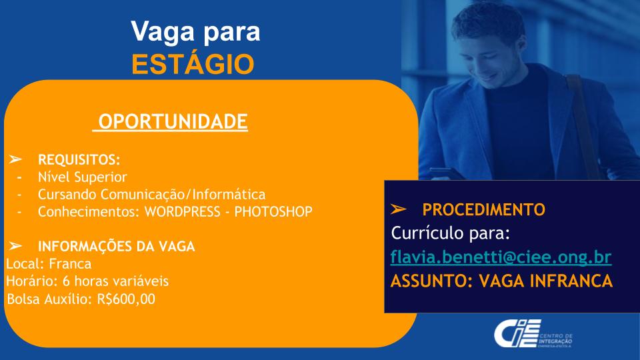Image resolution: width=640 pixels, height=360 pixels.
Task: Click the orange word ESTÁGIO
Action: pyautogui.click(x=193, y=64)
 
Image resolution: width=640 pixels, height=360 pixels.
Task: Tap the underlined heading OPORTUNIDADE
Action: pyautogui.click(x=173, y=121)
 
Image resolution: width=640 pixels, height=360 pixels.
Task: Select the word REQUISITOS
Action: pyautogui.click(x=79, y=159)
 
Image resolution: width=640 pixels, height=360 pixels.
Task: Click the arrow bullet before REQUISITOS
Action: pyautogui.click(x=15, y=159)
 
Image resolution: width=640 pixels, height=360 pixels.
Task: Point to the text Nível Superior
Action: pyautogui.click(x=83, y=177)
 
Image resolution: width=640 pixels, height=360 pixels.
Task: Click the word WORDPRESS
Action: pyautogui.click(x=183, y=211)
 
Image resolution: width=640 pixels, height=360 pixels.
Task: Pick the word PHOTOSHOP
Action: pyautogui.click(x=273, y=211)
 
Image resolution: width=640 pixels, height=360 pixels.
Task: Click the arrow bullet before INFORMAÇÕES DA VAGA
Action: pyautogui.click(x=15, y=246)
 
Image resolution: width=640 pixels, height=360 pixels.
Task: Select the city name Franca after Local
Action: pyautogui.click(x=70, y=264)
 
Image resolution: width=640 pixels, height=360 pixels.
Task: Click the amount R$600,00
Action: pyautogui.click(x=126, y=299)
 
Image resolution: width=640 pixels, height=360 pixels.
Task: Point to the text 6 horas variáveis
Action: pyautogui.click(x=115, y=281)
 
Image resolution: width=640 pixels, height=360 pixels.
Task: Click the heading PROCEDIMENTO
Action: pyautogui.click(x=484, y=209)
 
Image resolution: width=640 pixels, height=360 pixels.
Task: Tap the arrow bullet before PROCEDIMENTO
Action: pyautogui.click(x=398, y=209)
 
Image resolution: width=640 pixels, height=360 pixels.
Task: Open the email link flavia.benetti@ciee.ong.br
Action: pyautogui.click(x=501, y=257)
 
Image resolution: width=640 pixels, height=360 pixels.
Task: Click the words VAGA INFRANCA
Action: pyautogui.click(x=546, y=281)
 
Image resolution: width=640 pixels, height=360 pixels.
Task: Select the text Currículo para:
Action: pyautogui.click(x=451, y=233)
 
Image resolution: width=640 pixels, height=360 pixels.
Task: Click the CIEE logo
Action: pyautogui.click(x=533, y=334)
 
